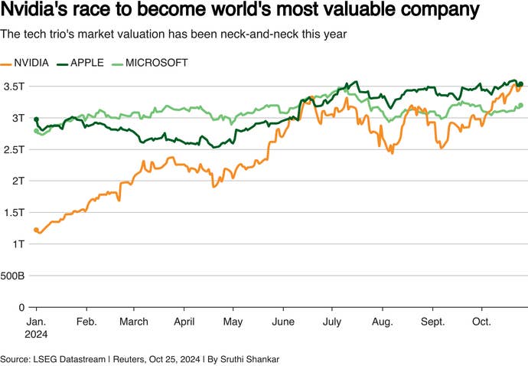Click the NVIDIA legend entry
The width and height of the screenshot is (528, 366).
pyautogui.click(x=32, y=62)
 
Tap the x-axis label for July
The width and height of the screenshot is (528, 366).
pyautogui.click(x=331, y=322)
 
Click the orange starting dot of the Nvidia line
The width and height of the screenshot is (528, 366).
pyautogui.click(x=36, y=230)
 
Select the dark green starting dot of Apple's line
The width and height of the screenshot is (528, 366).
pyautogui.click(x=36, y=119)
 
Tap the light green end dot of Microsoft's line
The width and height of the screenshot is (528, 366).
pyautogui.click(x=520, y=106)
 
